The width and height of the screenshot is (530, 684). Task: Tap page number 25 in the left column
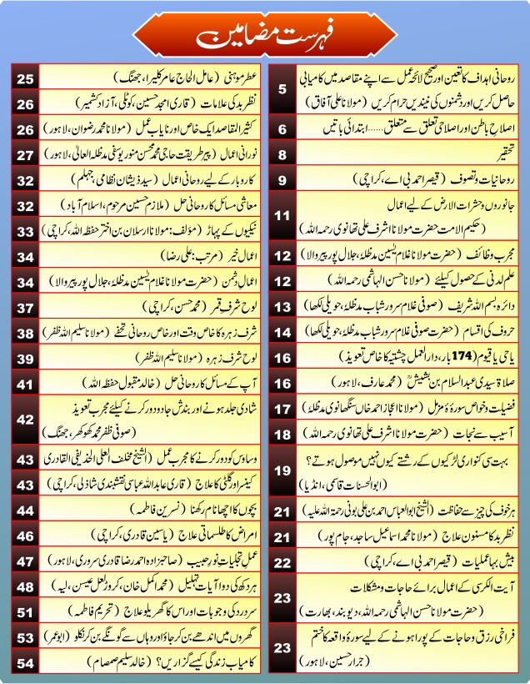24,80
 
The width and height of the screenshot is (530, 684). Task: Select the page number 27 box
24,155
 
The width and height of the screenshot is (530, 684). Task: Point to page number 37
24,309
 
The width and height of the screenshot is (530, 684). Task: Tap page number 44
24,509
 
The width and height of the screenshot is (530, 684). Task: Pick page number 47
24,561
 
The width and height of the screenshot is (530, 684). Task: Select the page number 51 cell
24,612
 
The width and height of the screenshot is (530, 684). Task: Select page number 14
282,332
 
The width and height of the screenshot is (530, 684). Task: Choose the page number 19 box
282,470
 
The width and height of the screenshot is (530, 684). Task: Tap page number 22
282,561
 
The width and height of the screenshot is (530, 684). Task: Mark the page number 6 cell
282,129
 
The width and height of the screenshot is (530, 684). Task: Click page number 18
282,434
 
